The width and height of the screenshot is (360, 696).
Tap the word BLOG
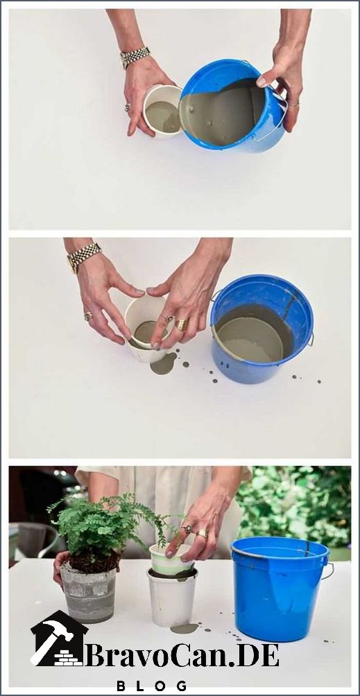click(151, 686)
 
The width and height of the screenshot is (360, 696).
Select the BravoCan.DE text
click(182, 655)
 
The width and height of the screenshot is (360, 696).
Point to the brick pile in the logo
click(68, 658)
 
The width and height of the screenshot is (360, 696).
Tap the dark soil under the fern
click(94, 561)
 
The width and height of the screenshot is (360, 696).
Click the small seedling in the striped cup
click(171, 530)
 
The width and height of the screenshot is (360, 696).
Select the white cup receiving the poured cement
click(162, 111)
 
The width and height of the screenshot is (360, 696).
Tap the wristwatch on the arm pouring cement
click(135, 57)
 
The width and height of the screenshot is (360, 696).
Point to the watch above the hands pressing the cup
click(84, 256)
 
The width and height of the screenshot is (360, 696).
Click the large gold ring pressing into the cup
click(182, 324)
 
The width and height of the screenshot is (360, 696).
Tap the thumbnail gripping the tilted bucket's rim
click(262, 82)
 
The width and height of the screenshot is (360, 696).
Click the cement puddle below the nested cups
click(185, 628)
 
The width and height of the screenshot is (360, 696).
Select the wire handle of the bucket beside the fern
click(329, 571)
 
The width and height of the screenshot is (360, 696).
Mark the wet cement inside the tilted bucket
click(222, 113)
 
